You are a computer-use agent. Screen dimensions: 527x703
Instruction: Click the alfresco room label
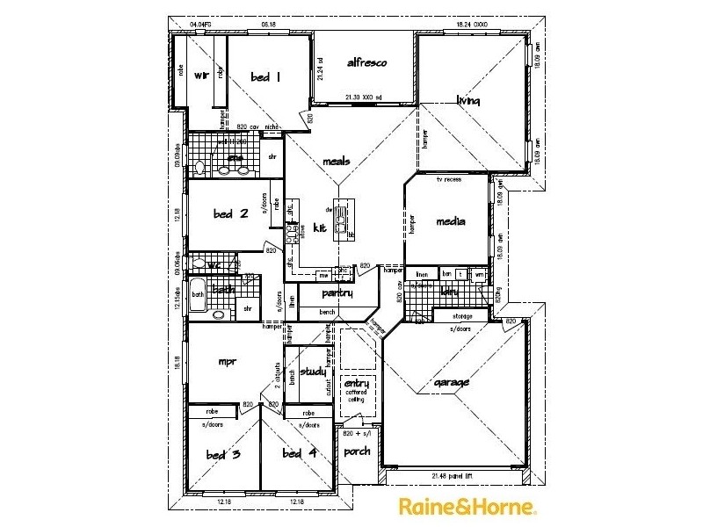(x=367, y=63)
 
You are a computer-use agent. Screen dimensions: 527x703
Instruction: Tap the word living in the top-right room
(x=468, y=101)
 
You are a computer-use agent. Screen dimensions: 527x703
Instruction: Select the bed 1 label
(x=265, y=76)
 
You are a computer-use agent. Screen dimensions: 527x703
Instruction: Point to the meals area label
(x=337, y=161)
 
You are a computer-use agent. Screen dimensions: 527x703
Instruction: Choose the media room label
(x=450, y=221)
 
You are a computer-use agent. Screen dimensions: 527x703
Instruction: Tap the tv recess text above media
(x=449, y=179)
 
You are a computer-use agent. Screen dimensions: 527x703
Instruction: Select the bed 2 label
(x=231, y=213)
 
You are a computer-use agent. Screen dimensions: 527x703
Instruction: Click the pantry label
(x=337, y=293)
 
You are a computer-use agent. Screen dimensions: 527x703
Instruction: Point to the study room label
(x=313, y=372)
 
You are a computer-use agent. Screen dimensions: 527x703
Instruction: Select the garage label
(x=452, y=382)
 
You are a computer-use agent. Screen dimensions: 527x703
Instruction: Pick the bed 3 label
(x=223, y=454)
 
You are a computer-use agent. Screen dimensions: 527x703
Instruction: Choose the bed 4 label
(x=299, y=453)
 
